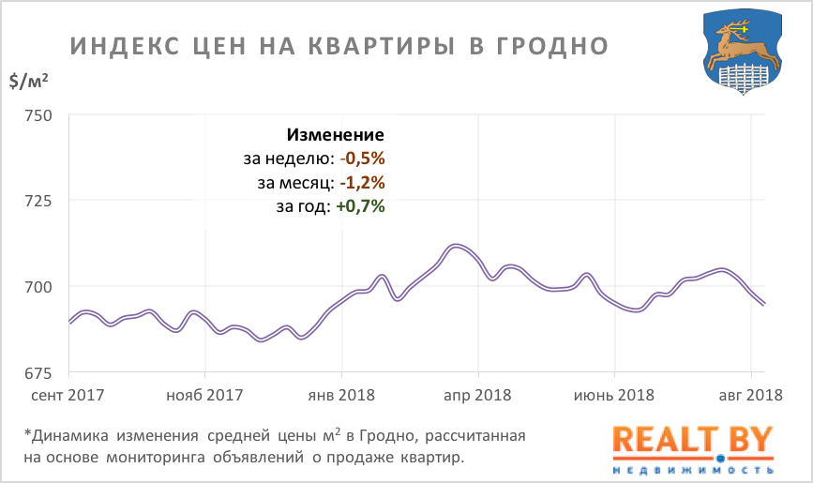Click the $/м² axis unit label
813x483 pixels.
click(x=29, y=82)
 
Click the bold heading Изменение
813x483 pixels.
click(x=336, y=134)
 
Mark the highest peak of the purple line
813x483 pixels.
click(x=456, y=246)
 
